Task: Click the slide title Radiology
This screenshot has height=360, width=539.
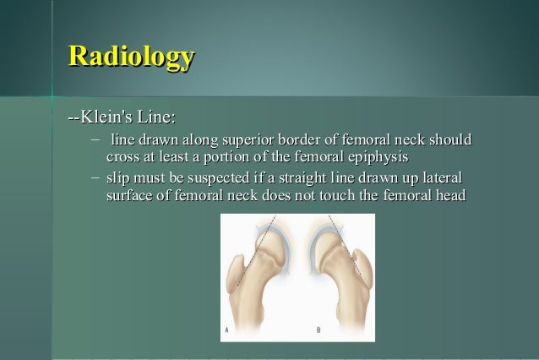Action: point(132,57)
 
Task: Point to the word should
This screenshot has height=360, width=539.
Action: point(449,139)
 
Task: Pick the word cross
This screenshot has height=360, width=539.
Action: point(123,157)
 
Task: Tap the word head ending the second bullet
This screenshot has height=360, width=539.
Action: point(449,196)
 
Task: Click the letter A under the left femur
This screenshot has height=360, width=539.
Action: point(226,329)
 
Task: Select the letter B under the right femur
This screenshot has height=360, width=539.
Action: point(318,329)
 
